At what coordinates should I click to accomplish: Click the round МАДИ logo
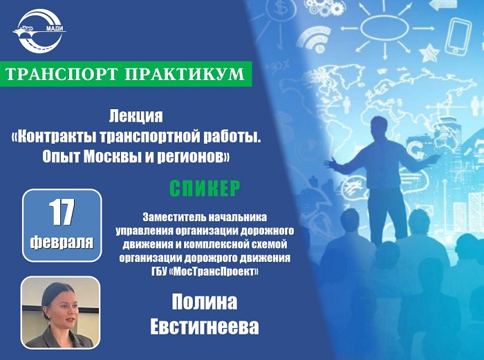point(39,31)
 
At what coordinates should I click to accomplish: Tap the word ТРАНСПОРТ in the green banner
point(62,74)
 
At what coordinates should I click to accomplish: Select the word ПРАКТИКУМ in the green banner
point(185,74)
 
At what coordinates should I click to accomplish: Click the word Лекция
point(136,116)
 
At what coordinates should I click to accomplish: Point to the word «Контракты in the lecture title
point(53,137)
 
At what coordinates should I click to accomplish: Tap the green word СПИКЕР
point(205,188)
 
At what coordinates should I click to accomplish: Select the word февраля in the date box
point(62,242)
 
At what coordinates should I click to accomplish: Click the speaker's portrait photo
point(60,312)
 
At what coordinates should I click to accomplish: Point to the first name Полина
point(205,302)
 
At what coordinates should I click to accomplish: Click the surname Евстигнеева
point(205,327)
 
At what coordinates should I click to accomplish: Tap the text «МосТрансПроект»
point(214,272)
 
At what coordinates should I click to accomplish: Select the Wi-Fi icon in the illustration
point(315,39)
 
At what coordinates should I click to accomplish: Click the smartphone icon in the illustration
point(458,36)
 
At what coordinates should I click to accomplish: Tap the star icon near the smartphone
point(429,53)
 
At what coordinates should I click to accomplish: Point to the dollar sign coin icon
point(280,10)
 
